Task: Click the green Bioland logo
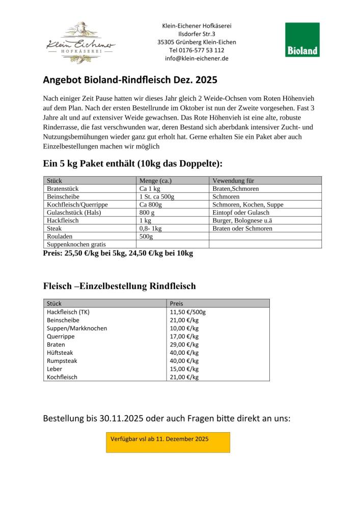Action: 302,39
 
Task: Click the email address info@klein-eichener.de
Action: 196,59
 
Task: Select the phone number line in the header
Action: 196,50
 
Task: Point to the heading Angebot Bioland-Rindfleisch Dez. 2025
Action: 130,80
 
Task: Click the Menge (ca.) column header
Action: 155,181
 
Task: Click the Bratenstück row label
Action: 63,188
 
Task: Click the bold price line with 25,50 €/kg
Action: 118,253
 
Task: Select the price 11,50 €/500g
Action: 187,312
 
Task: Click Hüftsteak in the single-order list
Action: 60,353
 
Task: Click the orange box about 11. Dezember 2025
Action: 168,442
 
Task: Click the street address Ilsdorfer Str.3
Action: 196,34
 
